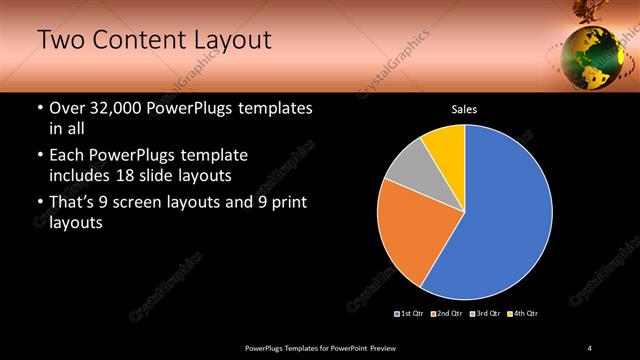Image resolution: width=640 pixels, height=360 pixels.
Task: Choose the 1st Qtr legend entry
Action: tap(410, 314)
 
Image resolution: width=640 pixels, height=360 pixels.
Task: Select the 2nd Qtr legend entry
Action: tap(446, 314)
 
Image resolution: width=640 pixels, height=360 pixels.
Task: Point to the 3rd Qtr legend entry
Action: tap(485, 314)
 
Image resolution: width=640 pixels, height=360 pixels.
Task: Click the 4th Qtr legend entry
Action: tap(522, 314)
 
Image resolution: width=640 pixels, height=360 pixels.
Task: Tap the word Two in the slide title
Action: tap(61, 40)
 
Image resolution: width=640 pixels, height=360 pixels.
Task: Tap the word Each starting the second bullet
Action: tap(69, 156)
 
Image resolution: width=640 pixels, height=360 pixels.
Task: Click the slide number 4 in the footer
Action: tap(590, 347)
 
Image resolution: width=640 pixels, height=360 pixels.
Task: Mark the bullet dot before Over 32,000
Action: tap(40, 108)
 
